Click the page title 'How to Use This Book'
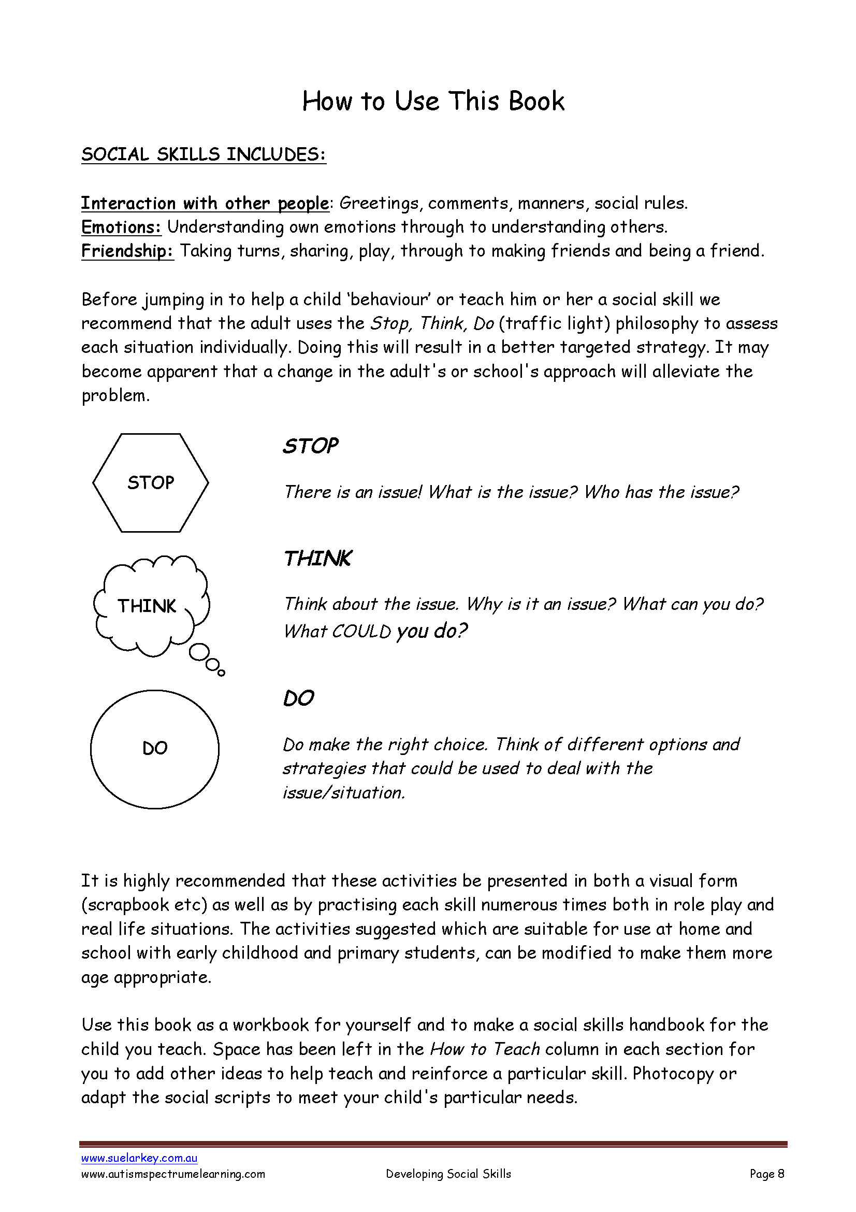433,101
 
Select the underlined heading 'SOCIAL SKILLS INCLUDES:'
204,154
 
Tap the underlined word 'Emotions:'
121,227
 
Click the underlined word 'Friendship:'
127,251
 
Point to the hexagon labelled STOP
151,482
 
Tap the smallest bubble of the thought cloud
222,673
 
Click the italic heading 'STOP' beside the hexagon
310,446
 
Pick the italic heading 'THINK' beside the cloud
317,559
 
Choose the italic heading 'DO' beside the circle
298,699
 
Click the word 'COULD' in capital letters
361,631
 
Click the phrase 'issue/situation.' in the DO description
344,793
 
